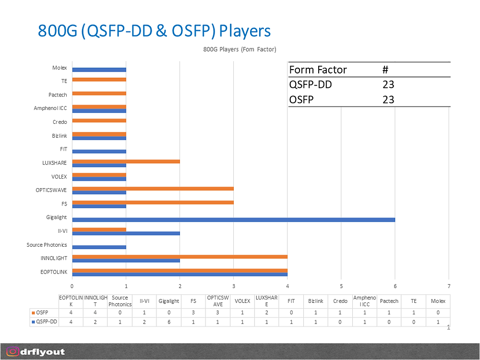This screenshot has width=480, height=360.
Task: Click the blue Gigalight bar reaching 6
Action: pos(234,220)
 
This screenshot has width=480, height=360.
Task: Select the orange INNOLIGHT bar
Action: pos(180,256)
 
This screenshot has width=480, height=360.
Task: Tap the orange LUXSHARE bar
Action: pos(126,161)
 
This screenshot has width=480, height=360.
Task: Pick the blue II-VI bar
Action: pos(126,233)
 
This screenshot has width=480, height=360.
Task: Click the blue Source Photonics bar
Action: pos(99,247)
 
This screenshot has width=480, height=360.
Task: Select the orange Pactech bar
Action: pos(99,93)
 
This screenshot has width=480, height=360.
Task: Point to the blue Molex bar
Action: pos(99,70)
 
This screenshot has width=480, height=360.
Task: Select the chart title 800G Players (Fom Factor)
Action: pos(240,49)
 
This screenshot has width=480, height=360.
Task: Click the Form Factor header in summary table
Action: pos(318,70)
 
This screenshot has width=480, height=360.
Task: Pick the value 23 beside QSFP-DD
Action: pos(388,84)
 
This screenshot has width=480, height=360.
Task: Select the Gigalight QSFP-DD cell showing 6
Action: pos(168,322)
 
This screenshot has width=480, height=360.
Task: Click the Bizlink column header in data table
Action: pos(316,301)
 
